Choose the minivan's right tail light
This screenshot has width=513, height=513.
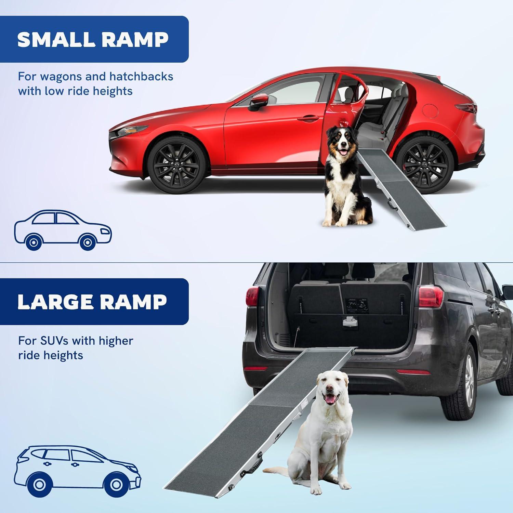pyautogui.click(x=431, y=297)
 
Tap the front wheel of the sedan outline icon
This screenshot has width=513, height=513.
pyautogui.click(x=87, y=242)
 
